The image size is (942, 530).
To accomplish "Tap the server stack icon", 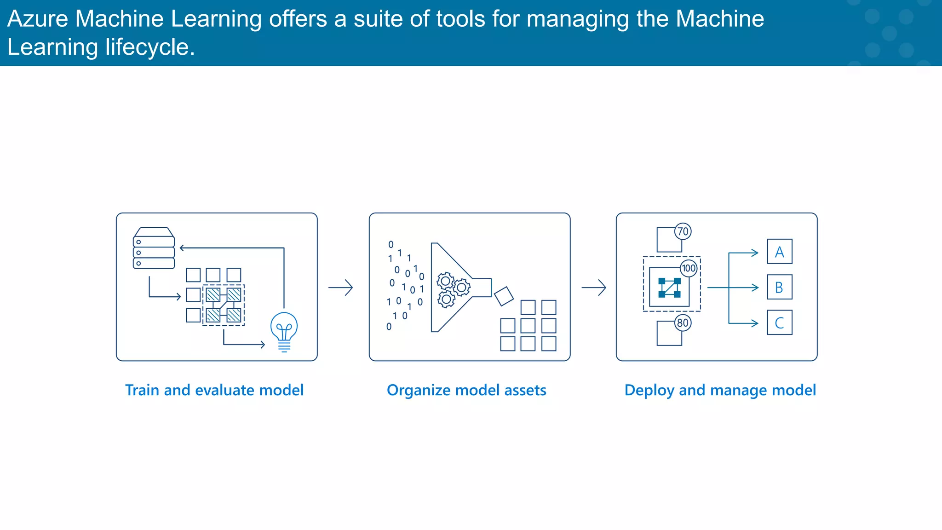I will pyautogui.click(x=154, y=248).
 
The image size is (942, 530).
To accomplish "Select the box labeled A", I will pyautogui.click(x=780, y=252).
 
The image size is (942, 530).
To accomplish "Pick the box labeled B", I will pyautogui.click(x=780, y=287).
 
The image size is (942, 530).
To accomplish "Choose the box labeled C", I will pyautogui.click(x=780, y=323).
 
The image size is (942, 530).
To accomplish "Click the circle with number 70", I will pyautogui.click(x=683, y=231).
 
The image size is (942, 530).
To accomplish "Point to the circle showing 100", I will pyautogui.click(x=689, y=268).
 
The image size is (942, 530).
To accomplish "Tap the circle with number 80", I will pyautogui.click(x=683, y=323).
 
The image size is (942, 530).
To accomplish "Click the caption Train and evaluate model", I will pyautogui.click(x=214, y=390).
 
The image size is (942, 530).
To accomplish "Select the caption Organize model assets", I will pyautogui.click(x=466, y=390).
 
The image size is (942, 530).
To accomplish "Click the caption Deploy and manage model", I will pyautogui.click(x=720, y=390).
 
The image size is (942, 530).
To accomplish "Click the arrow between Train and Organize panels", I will pyautogui.click(x=341, y=288).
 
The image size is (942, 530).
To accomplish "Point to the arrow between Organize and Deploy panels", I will pyautogui.click(x=594, y=288).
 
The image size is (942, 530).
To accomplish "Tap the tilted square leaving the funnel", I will pyautogui.click(x=504, y=296).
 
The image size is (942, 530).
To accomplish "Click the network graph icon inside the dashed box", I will pyautogui.click(x=669, y=288).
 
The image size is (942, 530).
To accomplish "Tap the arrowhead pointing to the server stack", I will pyautogui.click(x=182, y=248).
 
